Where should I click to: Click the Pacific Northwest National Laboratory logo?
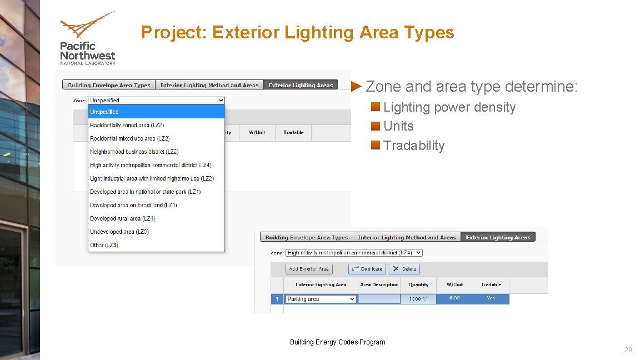(x=87, y=38)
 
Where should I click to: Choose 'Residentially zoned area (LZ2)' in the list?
(x=127, y=125)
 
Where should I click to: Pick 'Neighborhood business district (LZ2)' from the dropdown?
(x=134, y=152)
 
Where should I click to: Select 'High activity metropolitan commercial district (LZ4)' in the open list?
(x=151, y=165)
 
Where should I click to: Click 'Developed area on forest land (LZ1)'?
(x=133, y=205)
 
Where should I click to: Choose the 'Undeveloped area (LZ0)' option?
(x=119, y=232)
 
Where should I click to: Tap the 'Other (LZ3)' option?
(x=104, y=245)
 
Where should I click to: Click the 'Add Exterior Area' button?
(x=309, y=269)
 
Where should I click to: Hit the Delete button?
(x=404, y=269)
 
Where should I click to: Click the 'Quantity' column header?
(x=418, y=284)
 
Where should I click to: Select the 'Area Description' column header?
(x=379, y=284)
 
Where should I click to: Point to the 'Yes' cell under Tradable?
(x=491, y=298)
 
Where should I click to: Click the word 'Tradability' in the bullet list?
(x=414, y=146)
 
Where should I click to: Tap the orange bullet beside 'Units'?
(x=376, y=126)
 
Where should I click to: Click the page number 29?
(x=628, y=350)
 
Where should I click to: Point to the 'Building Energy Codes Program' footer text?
(x=337, y=342)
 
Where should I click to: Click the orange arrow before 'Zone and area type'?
(x=357, y=87)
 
